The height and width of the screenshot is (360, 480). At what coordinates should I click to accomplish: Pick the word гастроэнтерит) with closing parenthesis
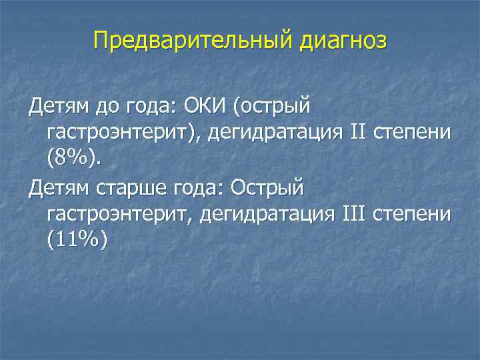point(123,132)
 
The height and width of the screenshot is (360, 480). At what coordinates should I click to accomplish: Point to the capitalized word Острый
point(267,188)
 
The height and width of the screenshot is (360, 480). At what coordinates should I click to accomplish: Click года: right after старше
point(195,188)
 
